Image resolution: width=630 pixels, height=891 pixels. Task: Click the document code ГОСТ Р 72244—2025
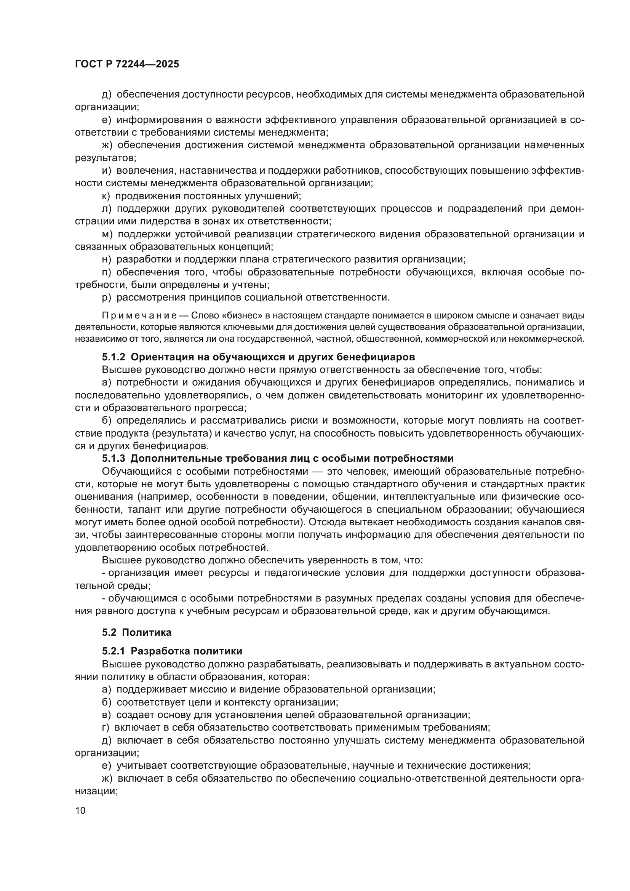tap(127, 64)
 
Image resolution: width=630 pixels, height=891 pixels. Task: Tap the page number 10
tap(80, 810)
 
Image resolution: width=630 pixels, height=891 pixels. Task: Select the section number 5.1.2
tap(114, 357)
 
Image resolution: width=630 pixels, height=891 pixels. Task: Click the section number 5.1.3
tap(114, 459)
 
